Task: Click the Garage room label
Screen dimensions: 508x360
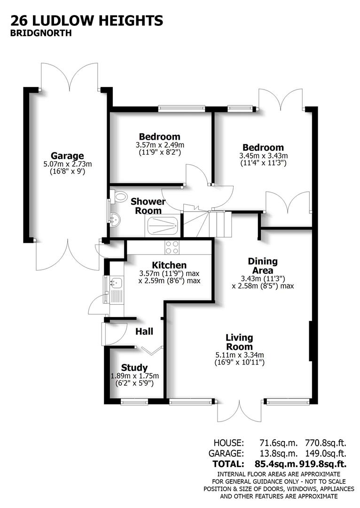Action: (67, 156)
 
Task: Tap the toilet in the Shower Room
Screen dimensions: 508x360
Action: (119, 195)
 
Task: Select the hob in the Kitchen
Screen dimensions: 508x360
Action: (172, 247)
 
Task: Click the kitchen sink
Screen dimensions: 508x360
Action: (116, 283)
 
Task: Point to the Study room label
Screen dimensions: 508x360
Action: (134, 367)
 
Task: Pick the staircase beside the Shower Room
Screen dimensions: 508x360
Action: (207, 223)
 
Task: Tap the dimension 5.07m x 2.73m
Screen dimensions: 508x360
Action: (67, 164)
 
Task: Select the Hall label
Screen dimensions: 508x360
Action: (144, 332)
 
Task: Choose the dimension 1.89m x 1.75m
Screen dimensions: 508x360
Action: (134, 376)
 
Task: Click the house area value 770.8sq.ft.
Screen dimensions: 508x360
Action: (326, 443)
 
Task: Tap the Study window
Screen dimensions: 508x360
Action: (134, 401)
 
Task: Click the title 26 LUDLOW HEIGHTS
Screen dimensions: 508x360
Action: (87, 21)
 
